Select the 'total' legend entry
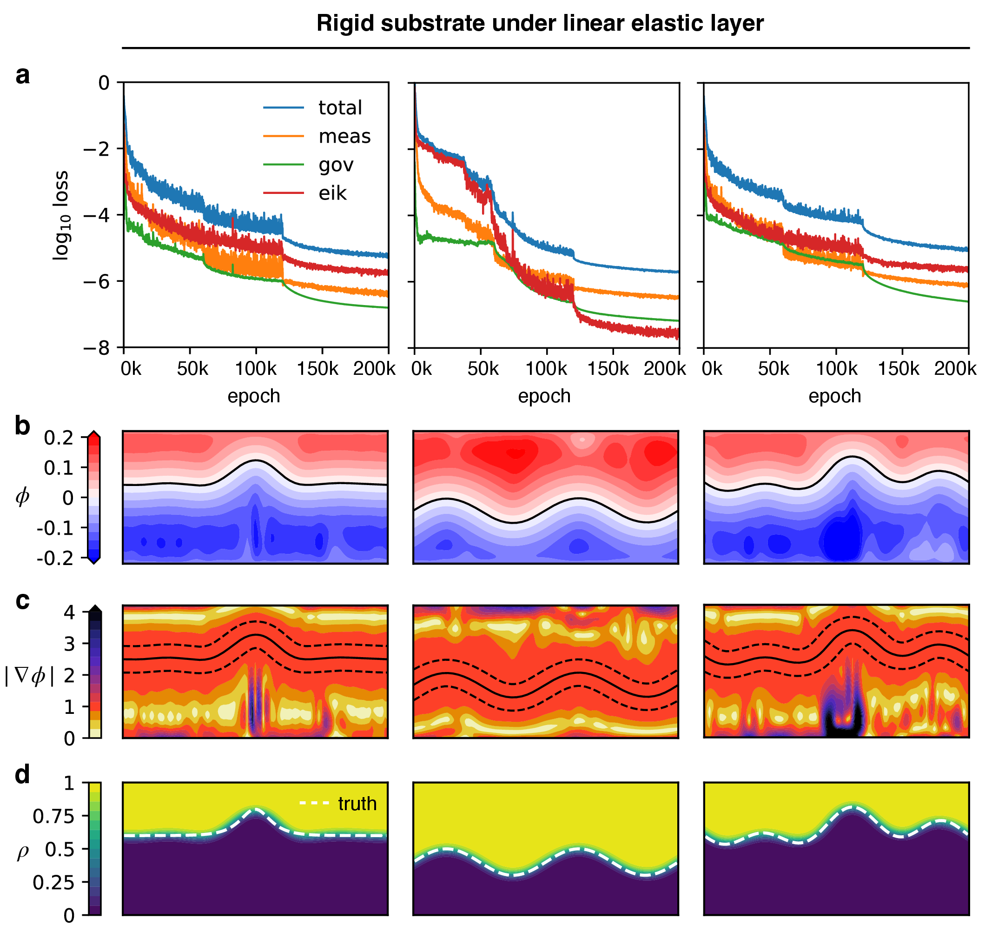tap(340, 108)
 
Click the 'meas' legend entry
tap(344, 137)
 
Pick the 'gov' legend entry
tap(336, 165)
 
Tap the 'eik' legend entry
tap(332, 193)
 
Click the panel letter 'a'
tap(23, 75)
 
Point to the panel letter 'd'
tap(23, 775)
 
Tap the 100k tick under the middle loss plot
tap(546, 369)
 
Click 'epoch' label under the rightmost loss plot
tap(835, 397)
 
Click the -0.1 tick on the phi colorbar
tap(55, 528)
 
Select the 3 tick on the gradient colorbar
tap(69, 644)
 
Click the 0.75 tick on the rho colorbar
tap(53, 817)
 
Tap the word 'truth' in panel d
tap(357, 804)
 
